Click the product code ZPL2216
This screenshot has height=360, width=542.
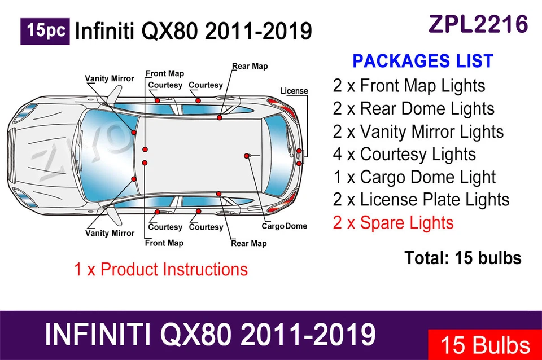point(478,24)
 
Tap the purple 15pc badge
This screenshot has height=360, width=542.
point(45,31)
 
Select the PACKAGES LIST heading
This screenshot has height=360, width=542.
point(423,61)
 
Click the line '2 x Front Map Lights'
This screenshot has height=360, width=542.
point(409,86)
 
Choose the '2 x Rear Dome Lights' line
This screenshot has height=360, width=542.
point(413,108)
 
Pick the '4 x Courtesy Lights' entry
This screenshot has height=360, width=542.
point(404,154)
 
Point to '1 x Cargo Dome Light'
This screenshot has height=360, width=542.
point(414,177)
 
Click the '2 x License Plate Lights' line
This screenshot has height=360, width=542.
point(421,200)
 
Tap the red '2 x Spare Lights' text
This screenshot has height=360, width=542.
point(393,222)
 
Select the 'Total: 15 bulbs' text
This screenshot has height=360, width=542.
point(462,258)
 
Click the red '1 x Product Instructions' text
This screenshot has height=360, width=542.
point(161,269)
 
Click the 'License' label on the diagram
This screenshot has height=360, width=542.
point(294,91)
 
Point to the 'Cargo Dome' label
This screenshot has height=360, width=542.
point(285,226)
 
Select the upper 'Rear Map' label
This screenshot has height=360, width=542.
point(250,67)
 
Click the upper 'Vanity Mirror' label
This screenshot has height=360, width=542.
point(110,78)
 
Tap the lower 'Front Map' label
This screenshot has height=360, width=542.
point(164,243)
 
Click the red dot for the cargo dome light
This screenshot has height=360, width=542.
point(247,155)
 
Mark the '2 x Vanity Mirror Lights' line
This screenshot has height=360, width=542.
point(418,131)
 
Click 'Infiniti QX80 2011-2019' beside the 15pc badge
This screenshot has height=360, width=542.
point(193,31)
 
